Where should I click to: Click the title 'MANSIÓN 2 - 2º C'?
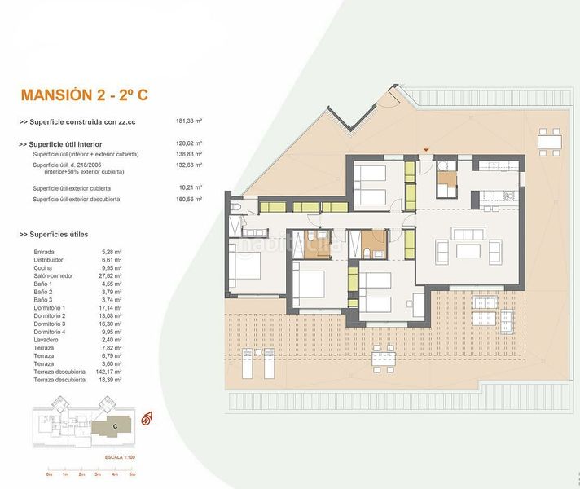point(83,95)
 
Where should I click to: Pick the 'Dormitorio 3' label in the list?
point(51,324)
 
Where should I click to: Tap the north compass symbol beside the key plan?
point(148,419)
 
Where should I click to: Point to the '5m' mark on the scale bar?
point(132,474)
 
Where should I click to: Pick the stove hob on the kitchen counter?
point(507,196)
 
